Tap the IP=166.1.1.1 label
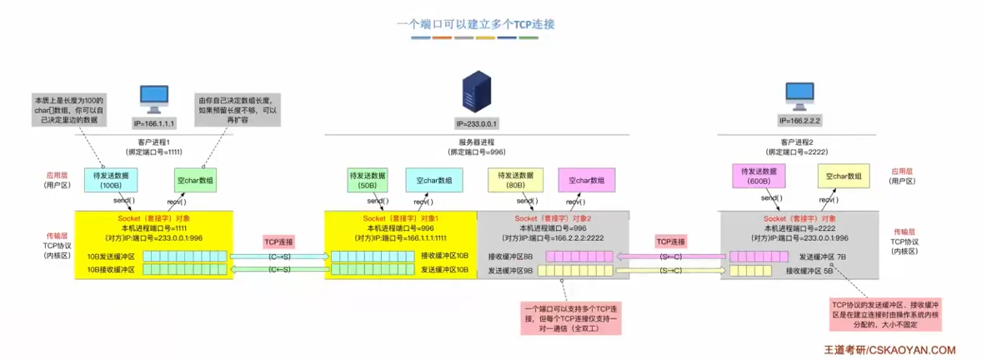[154, 122]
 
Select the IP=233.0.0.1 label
[477, 123]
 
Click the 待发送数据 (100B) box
[111, 181]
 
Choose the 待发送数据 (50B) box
[368, 180]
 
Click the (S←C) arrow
[670, 256]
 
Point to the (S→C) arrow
[670, 270]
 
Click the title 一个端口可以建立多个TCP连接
[476, 24]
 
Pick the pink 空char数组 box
[587, 180]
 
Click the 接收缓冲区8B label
[509, 257]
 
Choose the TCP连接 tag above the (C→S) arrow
[279, 241]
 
